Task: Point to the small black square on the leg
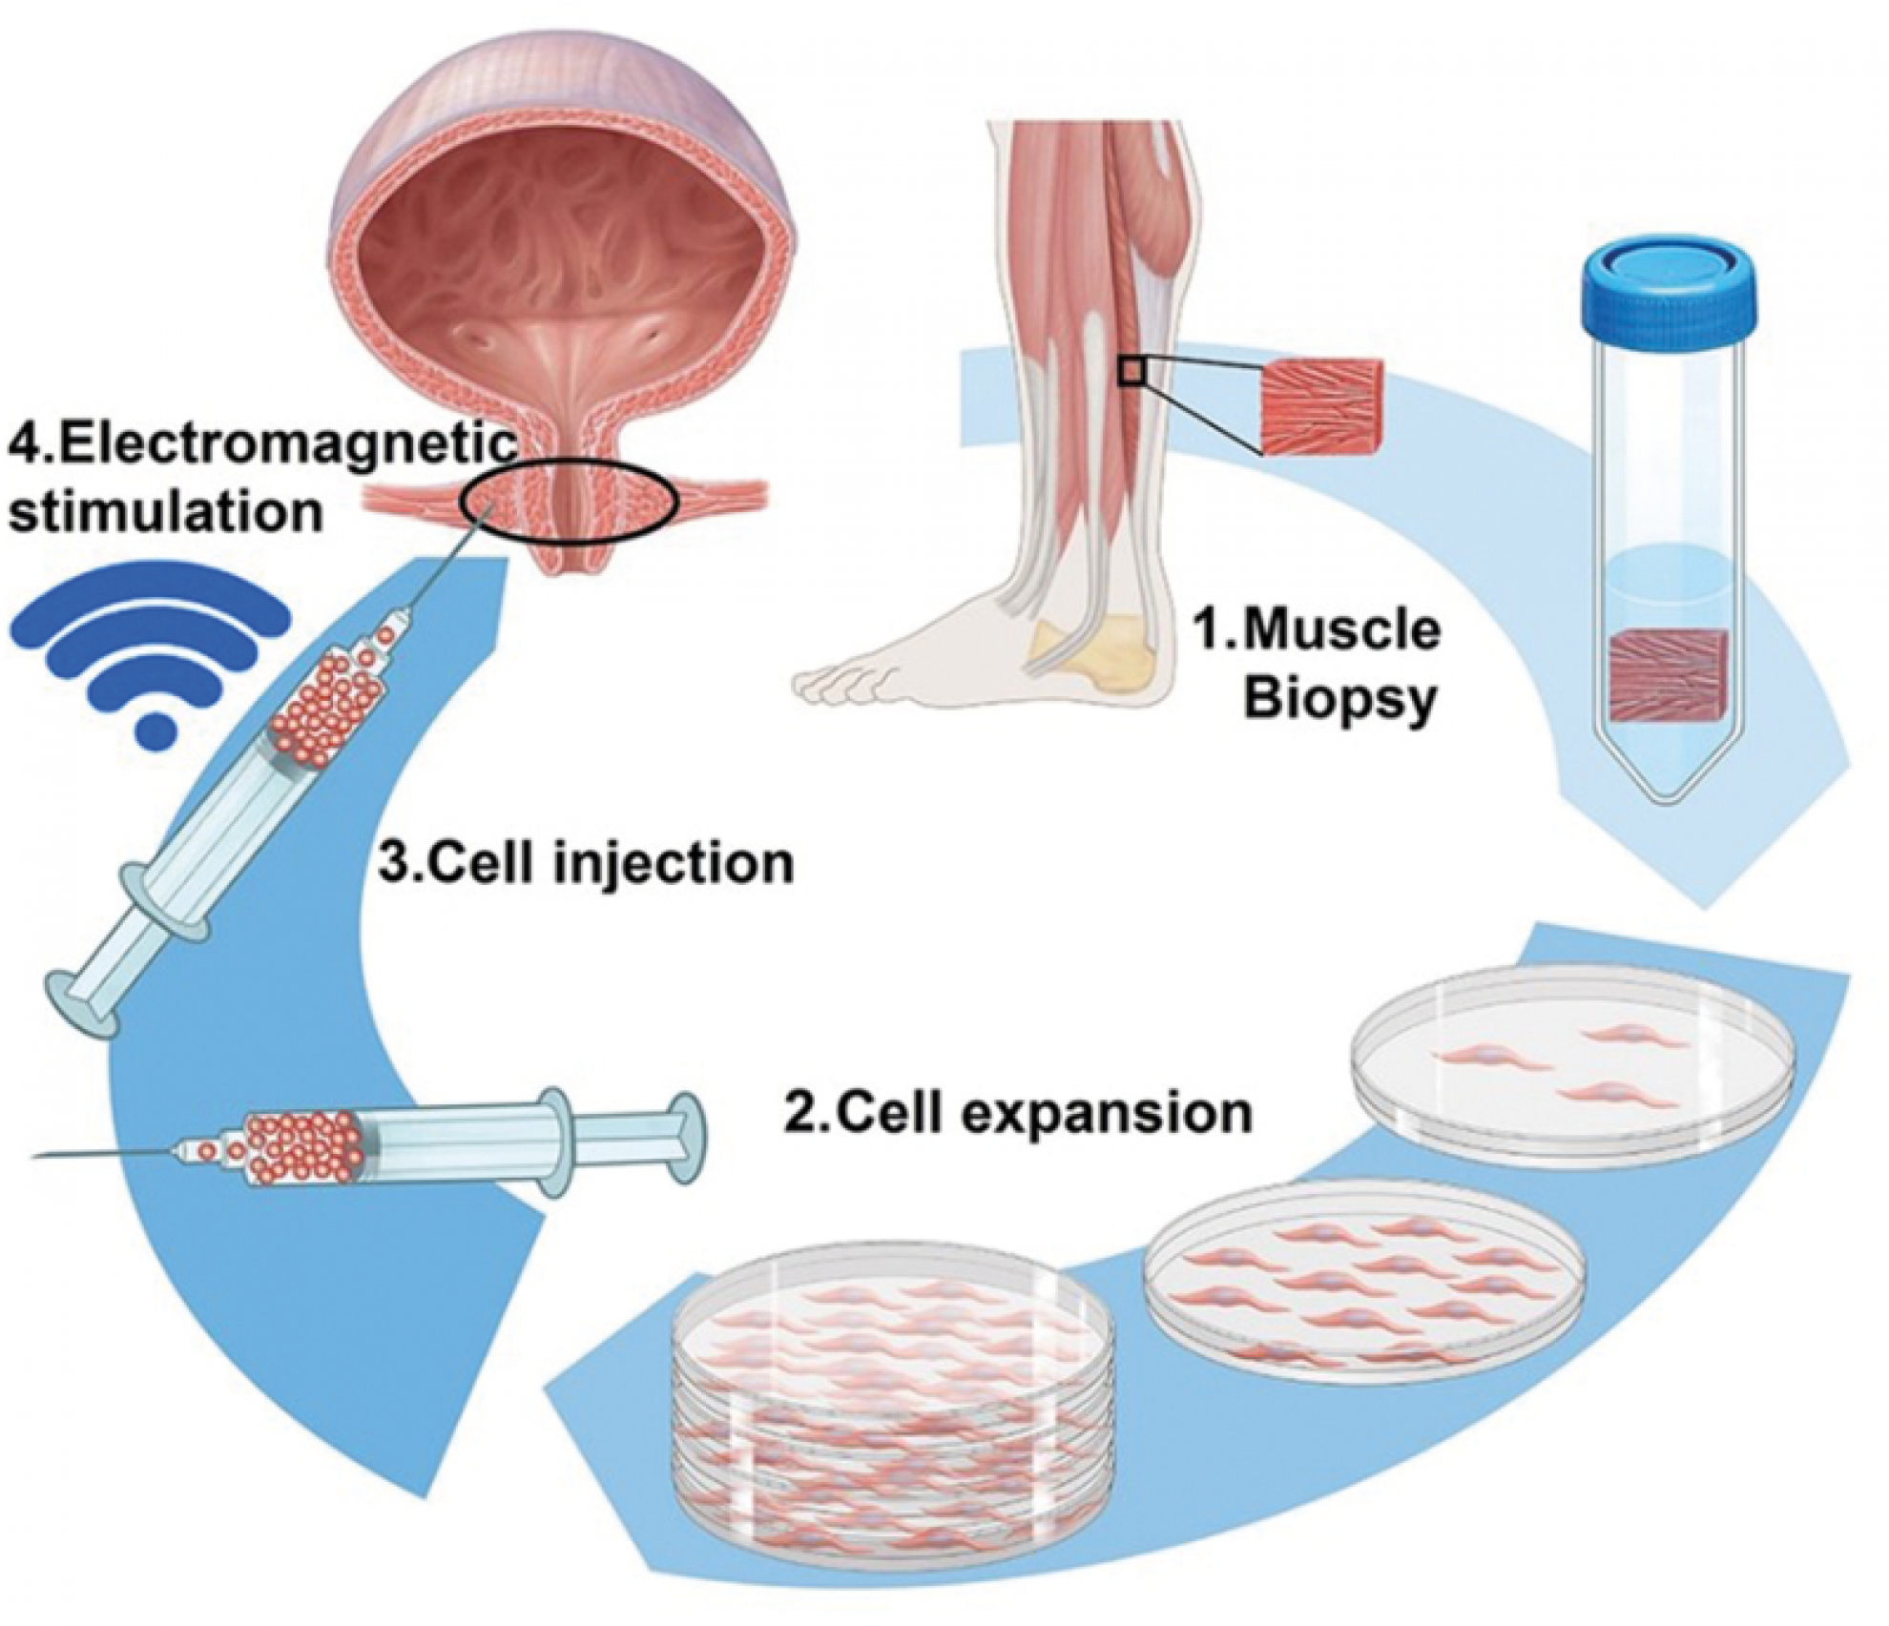[1131, 372]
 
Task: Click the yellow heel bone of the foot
[1097, 653]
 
